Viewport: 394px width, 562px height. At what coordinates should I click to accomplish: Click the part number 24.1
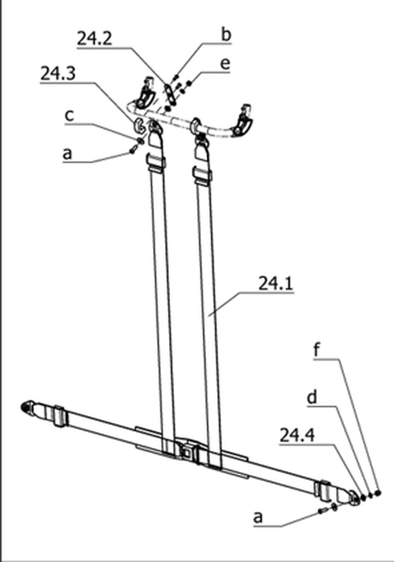[275, 284]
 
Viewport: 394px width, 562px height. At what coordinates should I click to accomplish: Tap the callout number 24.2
[95, 38]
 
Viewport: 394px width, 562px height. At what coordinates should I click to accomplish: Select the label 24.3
[57, 73]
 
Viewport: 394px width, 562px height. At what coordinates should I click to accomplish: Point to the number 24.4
[297, 435]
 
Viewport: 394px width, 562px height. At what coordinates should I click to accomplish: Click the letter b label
[226, 35]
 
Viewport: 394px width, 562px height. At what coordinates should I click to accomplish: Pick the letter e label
[225, 64]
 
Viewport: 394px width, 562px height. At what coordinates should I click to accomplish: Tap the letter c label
[69, 115]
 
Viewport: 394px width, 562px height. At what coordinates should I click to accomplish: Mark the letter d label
[313, 397]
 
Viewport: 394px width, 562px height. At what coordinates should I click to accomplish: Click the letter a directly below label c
[67, 154]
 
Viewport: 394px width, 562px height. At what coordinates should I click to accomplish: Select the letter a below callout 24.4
[258, 517]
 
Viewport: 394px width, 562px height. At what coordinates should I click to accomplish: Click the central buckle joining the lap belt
[186, 453]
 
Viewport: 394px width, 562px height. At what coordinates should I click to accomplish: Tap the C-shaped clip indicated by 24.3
[139, 125]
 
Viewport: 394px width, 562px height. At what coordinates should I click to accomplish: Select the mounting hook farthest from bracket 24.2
[243, 120]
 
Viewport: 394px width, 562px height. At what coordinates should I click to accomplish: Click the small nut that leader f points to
[377, 493]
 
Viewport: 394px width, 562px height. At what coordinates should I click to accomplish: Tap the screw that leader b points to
[176, 77]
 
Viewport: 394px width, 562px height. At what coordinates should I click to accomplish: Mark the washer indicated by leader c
[140, 140]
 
